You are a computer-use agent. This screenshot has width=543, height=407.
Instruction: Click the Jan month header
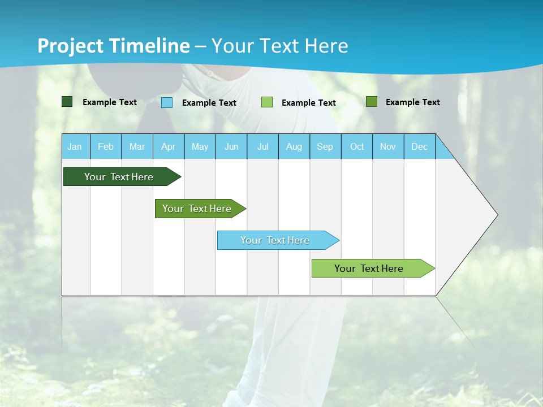(75, 146)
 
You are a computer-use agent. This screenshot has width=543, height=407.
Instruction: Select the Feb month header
(106, 146)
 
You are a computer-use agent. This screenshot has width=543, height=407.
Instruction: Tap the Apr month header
(168, 146)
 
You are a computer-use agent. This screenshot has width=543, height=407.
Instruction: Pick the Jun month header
(231, 146)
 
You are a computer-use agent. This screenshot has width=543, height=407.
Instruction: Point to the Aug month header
(294, 146)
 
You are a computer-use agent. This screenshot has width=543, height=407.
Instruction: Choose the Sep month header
(325, 146)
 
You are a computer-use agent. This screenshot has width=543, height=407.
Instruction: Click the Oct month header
(357, 146)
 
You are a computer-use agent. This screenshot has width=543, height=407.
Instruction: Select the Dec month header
(419, 146)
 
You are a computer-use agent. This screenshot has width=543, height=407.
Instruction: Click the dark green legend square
(67, 102)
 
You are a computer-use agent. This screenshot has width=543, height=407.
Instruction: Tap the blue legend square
(167, 102)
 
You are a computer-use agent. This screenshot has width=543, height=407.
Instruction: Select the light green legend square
(267, 102)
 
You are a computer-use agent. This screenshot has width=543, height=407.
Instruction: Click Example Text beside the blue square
(209, 103)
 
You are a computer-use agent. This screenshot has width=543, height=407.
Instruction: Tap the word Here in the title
(326, 46)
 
